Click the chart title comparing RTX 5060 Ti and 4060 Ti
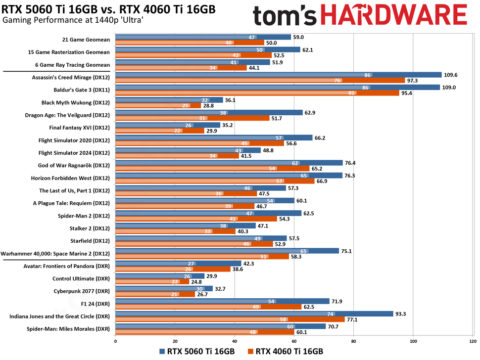(108, 9)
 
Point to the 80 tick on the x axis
(353, 341)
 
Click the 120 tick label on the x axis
(473, 341)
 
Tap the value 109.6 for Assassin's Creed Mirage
(451, 75)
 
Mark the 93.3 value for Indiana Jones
(402, 314)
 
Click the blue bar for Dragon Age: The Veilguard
(208, 113)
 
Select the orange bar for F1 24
(208, 307)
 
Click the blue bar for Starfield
(200, 239)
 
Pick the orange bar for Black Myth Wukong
(158, 106)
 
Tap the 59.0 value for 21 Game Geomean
(301, 37)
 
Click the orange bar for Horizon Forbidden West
(214, 181)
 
